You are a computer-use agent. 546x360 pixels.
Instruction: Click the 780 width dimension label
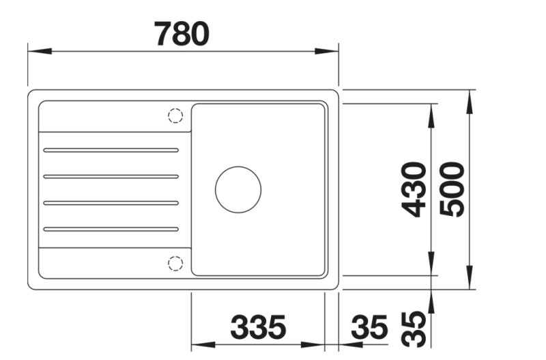coord(181,33)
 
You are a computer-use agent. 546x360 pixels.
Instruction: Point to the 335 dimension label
coord(258,329)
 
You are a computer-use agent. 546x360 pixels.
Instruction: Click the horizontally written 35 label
coord(369,329)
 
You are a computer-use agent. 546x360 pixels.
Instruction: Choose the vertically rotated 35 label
coord(414,329)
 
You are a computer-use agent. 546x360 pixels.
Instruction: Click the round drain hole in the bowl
coord(238,189)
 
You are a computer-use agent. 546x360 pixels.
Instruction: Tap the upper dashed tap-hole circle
coord(175,115)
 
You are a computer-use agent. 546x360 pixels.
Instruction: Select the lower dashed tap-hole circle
coord(175,262)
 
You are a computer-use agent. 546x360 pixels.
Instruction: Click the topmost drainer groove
coord(111,150)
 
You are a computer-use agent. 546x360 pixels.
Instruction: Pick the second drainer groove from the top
coord(111,176)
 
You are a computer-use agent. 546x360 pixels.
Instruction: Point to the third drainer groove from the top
coord(111,203)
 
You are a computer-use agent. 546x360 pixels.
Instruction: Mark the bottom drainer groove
coord(111,229)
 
